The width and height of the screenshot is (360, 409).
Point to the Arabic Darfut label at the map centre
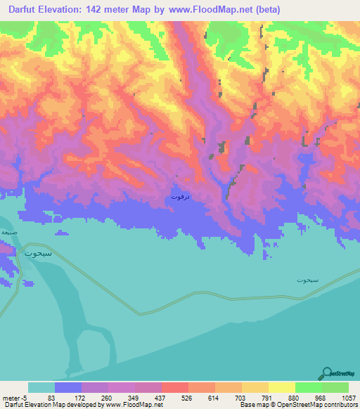click(x=180, y=197)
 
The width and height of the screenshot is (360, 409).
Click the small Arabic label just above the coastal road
click(x=307, y=280)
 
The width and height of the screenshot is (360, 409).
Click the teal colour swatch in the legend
click(x=41, y=387)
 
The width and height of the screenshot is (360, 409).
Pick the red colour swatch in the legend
click(x=175, y=387)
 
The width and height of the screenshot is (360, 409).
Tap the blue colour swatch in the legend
click(x=68, y=387)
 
